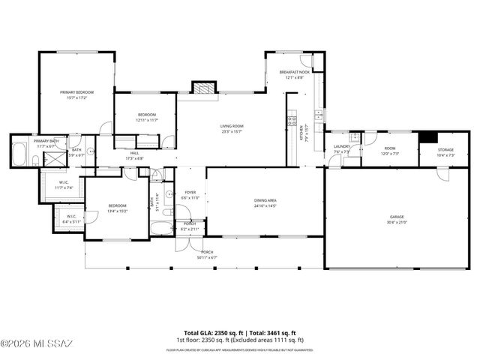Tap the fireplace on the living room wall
(x=203, y=88)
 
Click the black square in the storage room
(x=427, y=137)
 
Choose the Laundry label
(x=341, y=148)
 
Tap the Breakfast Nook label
(x=294, y=75)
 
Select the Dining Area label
(x=265, y=202)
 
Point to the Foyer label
(x=190, y=195)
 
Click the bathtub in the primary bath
(x=19, y=154)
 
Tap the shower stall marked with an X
(x=54, y=158)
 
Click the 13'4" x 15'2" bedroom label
(x=117, y=208)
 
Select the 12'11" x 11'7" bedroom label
(x=146, y=117)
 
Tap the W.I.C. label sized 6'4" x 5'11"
(x=71, y=219)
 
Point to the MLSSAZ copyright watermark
(x=37, y=344)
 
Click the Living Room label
(x=232, y=129)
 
